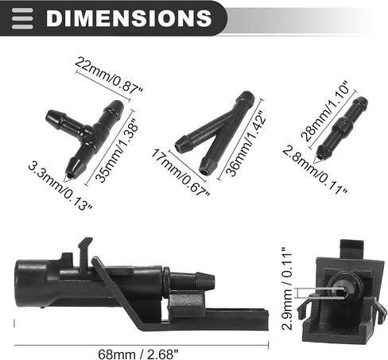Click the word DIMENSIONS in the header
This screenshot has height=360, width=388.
129,18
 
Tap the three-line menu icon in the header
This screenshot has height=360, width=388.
22,18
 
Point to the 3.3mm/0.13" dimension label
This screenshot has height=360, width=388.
60,186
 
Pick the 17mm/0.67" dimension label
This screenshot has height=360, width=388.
180,172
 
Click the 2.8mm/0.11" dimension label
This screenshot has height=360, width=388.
315,170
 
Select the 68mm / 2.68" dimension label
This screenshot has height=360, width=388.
138,354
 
